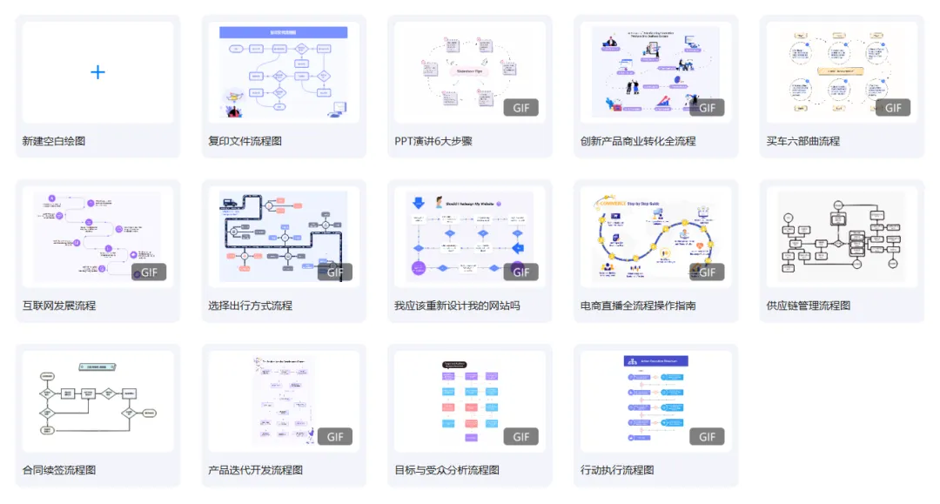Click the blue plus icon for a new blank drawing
pyautogui.click(x=97, y=72)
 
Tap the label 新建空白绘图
pyautogui.click(x=54, y=141)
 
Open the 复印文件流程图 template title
pyautogui.click(x=245, y=141)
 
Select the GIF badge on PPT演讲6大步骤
pyautogui.click(x=520, y=108)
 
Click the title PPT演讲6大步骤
pyautogui.click(x=433, y=141)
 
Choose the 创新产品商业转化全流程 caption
pyautogui.click(x=638, y=141)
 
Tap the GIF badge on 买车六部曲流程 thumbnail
pyautogui.click(x=893, y=108)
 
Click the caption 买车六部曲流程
pyautogui.click(x=803, y=141)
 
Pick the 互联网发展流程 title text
pyautogui.click(x=59, y=306)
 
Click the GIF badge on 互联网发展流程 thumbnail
pyautogui.click(x=149, y=272)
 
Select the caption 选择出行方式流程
pyautogui.click(x=250, y=306)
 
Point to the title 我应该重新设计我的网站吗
pyautogui.click(x=457, y=306)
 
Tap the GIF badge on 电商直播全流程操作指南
pyautogui.click(x=707, y=272)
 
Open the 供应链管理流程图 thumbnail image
pyautogui.click(x=842, y=237)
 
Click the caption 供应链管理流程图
pyautogui.click(x=809, y=306)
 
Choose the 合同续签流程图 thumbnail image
pyautogui.click(x=97, y=400)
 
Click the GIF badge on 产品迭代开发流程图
pyautogui.click(x=334, y=437)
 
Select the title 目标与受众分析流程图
pyautogui.click(x=447, y=470)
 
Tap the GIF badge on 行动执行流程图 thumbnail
pyautogui.click(x=707, y=437)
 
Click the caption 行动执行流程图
pyautogui.click(x=617, y=470)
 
